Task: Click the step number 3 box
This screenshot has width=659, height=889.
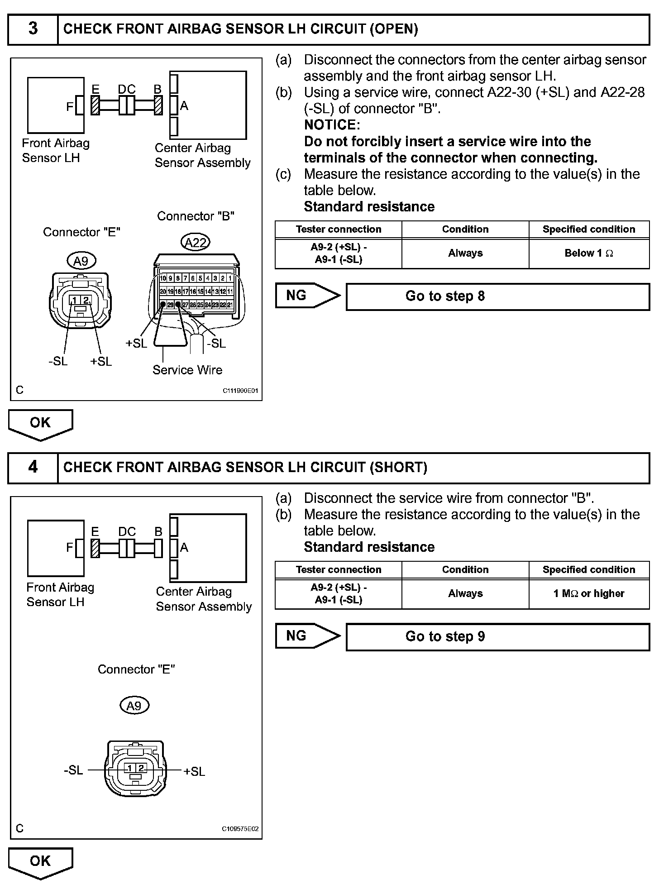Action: coord(33,29)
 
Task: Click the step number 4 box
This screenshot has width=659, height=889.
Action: coord(33,468)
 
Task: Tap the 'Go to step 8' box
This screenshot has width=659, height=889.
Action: coord(497,297)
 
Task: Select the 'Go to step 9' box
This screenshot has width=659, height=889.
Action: coord(497,637)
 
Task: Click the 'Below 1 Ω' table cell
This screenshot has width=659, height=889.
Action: coord(589,253)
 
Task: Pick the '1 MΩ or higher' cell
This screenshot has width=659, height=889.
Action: coord(589,593)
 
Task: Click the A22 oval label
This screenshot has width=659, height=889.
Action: coord(196,243)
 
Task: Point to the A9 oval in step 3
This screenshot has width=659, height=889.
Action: coord(81,261)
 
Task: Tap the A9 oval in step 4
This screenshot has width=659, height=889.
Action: coord(134,706)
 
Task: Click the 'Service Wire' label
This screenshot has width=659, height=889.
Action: coord(187,370)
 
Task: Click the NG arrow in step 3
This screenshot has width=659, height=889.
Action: coord(306,296)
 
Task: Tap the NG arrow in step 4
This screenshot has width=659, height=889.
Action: coord(306,636)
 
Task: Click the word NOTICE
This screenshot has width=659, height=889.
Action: coord(332,125)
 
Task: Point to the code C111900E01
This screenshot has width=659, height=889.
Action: coord(240,391)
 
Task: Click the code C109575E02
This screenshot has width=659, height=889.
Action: coord(240,829)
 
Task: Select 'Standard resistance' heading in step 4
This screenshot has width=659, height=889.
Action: coord(369,547)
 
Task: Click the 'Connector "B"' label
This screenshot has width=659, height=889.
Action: coord(196,216)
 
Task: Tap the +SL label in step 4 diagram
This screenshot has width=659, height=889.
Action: coord(194,771)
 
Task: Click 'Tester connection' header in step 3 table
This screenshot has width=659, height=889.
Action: coord(339,229)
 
